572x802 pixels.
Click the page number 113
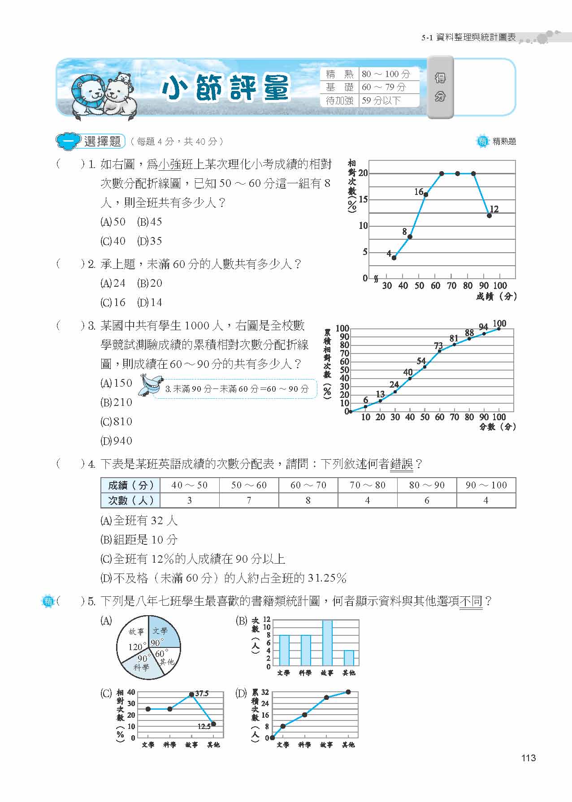click(x=529, y=758)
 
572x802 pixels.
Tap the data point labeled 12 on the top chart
click(x=489, y=216)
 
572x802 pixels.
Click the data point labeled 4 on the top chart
click(x=394, y=258)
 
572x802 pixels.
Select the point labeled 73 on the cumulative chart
click(x=439, y=351)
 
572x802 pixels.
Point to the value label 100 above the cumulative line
click(x=499, y=323)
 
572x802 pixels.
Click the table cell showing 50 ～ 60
click(x=249, y=485)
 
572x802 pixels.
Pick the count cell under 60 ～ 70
click(x=308, y=500)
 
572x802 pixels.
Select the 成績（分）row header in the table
click(x=130, y=485)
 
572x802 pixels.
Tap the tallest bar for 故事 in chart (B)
click(x=327, y=643)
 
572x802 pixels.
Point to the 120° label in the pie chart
click(x=135, y=647)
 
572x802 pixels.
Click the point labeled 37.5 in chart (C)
click(x=191, y=694)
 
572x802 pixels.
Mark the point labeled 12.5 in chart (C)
click(x=213, y=724)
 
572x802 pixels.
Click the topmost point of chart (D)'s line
click(x=348, y=692)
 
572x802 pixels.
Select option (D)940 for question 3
click(x=117, y=441)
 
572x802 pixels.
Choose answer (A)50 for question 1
click(x=113, y=222)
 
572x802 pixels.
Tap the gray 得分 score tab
click(x=440, y=87)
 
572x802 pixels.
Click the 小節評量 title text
click(x=226, y=87)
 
